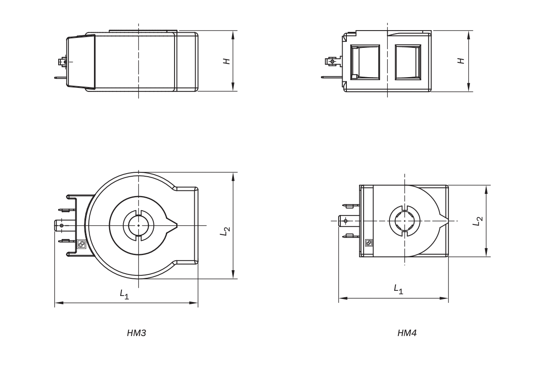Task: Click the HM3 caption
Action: (137, 333)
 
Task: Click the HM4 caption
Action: (407, 333)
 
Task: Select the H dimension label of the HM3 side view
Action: (227, 61)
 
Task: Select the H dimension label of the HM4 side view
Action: (461, 61)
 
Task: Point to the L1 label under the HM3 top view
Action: (125, 294)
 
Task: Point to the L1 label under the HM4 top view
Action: (399, 289)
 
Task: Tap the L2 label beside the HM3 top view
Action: (225, 231)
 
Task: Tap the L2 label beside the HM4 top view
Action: (478, 221)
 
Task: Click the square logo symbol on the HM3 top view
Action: (81, 244)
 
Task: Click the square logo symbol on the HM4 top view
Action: (369, 243)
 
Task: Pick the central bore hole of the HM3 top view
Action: (138, 225)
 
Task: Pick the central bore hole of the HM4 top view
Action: (405, 221)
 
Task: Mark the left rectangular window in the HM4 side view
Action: (365, 62)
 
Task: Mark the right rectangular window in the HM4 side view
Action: (408, 62)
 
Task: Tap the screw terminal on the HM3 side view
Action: (63, 62)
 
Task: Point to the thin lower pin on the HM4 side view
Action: (331, 77)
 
